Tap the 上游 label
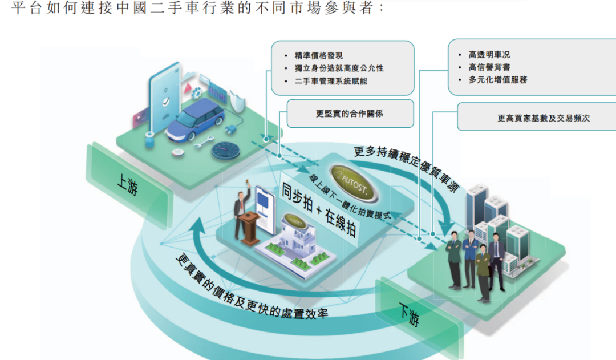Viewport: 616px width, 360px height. point(128,184)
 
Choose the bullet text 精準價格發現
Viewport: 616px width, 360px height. point(319,56)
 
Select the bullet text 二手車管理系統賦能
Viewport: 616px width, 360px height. point(331,81)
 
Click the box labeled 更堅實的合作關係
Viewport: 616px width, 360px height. point(350,114)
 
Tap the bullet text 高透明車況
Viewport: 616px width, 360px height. point(489,55)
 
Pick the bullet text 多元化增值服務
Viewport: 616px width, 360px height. point(498,80)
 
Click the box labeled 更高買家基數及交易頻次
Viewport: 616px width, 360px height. point(537,117)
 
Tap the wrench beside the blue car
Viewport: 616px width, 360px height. point(204,142)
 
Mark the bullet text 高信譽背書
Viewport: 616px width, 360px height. point(489,67)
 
